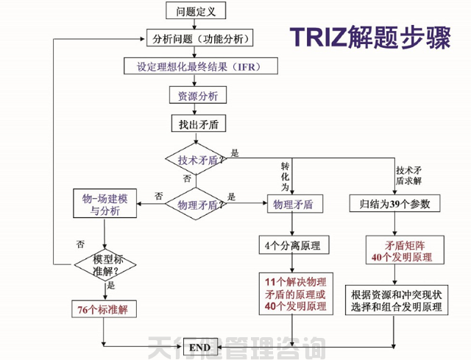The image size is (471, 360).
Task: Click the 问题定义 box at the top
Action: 196,11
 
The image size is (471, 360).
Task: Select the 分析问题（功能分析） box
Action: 199,38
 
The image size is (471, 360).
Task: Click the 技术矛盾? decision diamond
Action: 196,160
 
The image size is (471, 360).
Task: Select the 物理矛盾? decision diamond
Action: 196,205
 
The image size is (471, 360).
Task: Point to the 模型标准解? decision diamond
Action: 106,264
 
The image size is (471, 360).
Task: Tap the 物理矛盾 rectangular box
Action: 292,204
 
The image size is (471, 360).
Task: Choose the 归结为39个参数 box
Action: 394,204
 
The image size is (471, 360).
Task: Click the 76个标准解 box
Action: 102,309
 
